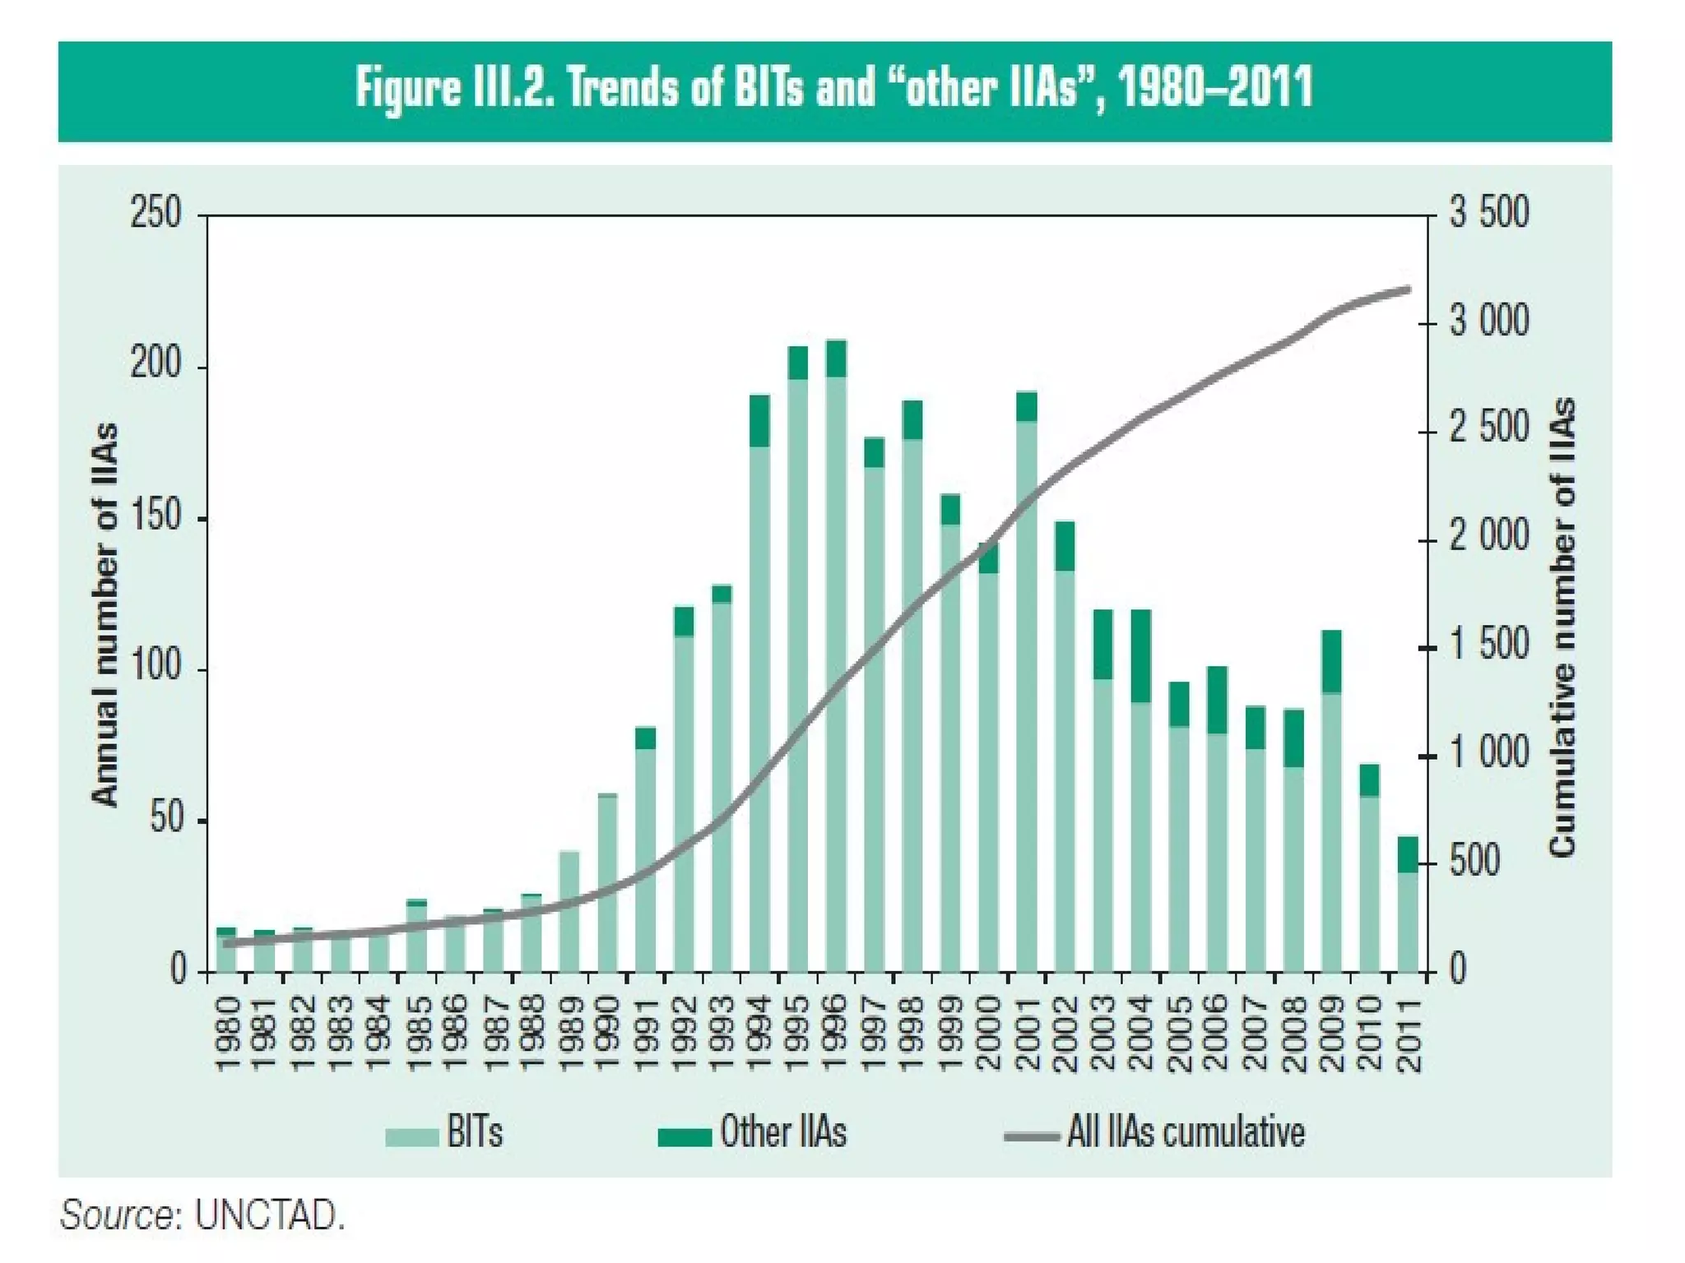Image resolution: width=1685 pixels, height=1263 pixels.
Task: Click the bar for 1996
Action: [836, 658]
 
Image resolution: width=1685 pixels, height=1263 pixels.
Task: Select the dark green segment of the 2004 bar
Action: [1140, 656]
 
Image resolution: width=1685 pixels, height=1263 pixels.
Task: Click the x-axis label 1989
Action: [569, 1034]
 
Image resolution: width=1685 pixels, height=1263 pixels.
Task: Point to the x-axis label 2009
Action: [1331, 1034]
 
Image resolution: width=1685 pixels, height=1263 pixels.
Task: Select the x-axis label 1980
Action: [227, 1034]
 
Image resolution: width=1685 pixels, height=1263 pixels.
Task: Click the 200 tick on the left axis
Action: [156, 364]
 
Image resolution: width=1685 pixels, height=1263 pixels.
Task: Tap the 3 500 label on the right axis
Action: [1489, 213]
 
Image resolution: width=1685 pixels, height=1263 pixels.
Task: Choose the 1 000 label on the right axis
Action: [1489, 754]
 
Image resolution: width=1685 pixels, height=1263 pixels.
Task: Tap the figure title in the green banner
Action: [833, 89]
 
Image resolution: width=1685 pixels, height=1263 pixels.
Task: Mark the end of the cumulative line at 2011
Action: [1408, 289]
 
